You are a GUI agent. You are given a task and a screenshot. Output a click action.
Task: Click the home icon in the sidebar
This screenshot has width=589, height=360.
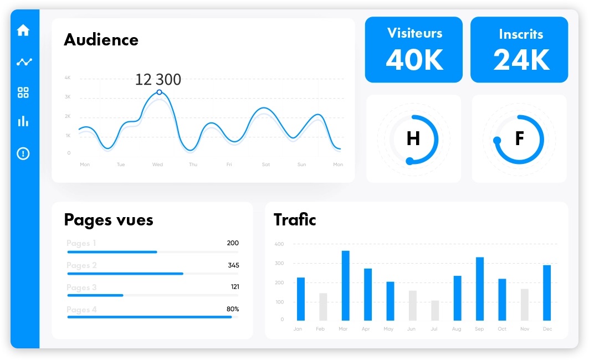23,30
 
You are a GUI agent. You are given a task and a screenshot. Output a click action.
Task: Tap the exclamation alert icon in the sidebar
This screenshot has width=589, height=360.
23,153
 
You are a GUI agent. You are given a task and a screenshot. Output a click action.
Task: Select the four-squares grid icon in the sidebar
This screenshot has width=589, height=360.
23,92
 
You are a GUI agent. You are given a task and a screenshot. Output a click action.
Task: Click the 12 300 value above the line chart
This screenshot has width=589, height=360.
158,80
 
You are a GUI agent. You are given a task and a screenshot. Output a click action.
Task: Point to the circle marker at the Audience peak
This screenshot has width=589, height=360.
160,92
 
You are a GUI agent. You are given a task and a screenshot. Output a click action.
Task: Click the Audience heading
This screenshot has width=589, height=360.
101,40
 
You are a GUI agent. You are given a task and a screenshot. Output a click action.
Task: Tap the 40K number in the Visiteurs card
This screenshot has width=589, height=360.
414,60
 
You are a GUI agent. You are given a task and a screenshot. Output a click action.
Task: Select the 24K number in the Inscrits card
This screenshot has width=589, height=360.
521,60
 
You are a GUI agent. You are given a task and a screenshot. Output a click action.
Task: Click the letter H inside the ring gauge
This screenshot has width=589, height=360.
413,138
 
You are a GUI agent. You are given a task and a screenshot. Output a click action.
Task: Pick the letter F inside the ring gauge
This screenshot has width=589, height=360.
519,138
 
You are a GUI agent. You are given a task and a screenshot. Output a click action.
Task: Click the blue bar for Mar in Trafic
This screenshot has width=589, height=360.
345,285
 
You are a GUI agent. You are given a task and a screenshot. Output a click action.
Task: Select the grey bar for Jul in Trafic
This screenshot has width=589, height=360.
435,310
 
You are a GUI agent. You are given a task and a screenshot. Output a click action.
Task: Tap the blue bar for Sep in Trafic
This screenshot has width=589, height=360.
480,289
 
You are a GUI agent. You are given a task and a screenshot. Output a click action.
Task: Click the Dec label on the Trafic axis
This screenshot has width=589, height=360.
547,329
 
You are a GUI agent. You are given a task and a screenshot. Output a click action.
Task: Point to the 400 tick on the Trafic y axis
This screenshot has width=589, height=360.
279,244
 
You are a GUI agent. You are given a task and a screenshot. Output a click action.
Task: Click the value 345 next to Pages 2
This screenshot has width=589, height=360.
233,265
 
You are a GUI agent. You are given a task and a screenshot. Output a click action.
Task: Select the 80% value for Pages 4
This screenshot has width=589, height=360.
233,309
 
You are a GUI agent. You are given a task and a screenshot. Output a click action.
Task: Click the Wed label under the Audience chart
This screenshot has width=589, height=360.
157,164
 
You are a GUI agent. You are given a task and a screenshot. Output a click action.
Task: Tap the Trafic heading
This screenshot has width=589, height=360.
295,220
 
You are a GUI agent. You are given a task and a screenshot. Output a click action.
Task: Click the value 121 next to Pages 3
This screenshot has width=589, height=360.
234,287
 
